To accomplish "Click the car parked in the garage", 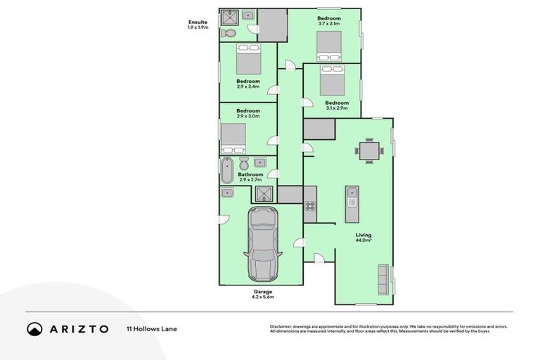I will coord(263,245).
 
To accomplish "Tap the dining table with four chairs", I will coord(369,150).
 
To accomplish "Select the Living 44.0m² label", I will coord(364,238).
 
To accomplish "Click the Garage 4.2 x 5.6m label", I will coord(263,294).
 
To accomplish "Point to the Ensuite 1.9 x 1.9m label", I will coord(198,25).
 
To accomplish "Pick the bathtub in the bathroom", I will coord(226,170).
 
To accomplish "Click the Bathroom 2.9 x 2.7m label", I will coord(250,177).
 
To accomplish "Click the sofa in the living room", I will coord(383,279).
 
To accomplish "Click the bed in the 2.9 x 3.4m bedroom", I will coord(248,59).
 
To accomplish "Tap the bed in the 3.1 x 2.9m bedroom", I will coord(332,80).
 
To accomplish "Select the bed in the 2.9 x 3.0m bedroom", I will coord(233,138).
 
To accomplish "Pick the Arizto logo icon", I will coord(34,328).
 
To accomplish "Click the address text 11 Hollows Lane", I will coord(151,328).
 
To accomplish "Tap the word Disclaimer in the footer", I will coord(281,326).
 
